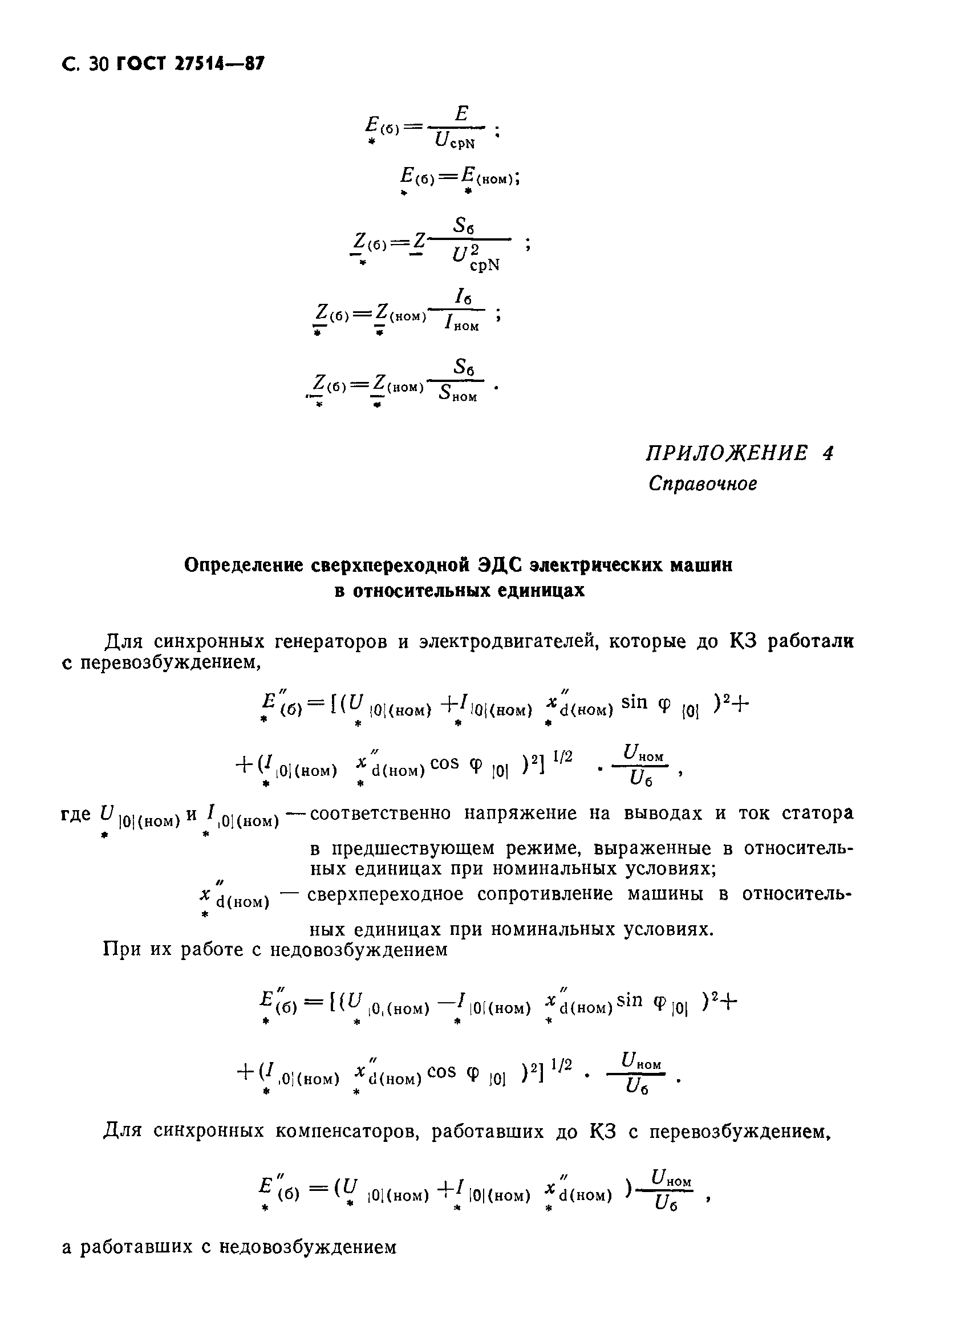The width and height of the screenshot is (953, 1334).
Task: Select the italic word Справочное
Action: pos(703,484)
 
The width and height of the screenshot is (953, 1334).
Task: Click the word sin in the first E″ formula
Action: pos(634,702)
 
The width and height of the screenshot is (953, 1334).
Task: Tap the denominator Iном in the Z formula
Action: pos(462,323)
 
